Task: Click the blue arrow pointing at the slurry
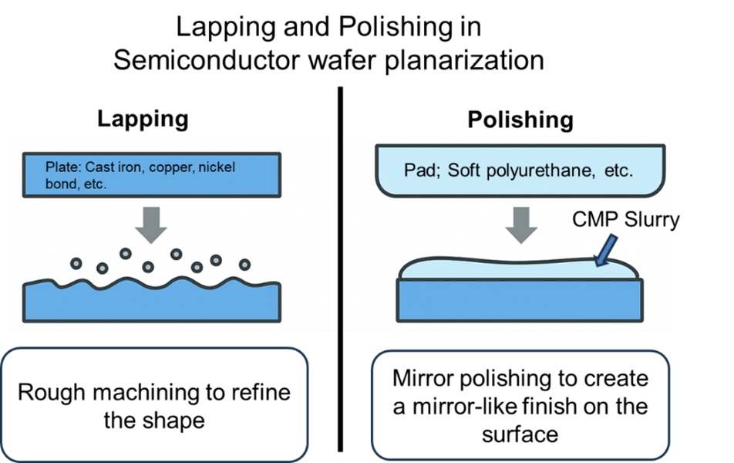click(x=608, y=248)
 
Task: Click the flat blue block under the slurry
click(x=520, y=301)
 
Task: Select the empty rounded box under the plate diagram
click(x=155, y=404)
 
